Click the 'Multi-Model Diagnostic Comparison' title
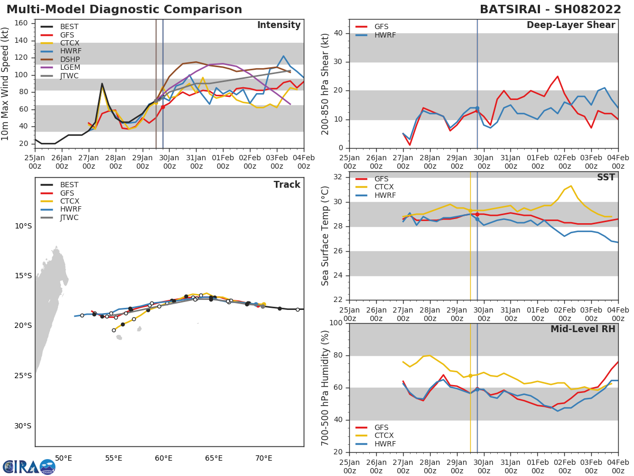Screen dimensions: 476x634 (124, 10)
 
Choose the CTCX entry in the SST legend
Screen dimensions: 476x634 (384, 187)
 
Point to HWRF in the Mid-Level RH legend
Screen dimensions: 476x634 (384, 444)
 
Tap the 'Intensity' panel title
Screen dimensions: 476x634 (278, 25)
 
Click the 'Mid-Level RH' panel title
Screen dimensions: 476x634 (583, 329)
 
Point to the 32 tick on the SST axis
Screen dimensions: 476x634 (338, 177)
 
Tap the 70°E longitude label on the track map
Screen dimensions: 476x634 (264, 459)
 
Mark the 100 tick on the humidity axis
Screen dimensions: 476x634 (336, 323)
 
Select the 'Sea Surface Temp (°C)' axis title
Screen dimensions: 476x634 (325, 236)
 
